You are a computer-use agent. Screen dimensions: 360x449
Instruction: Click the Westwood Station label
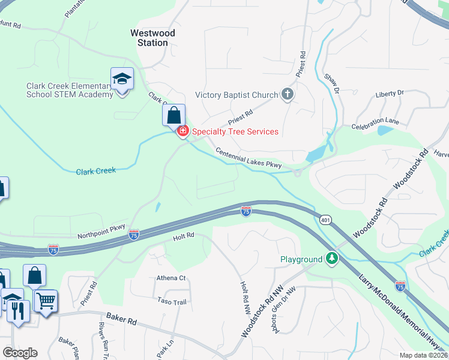pos(152,38)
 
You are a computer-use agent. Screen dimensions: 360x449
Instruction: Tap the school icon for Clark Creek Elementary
pos(122,79)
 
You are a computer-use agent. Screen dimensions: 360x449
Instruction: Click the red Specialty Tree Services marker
pos(182,131)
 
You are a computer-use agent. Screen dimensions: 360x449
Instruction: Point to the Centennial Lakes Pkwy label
pos(249,158)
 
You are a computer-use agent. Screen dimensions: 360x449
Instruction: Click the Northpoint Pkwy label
pos(101,232)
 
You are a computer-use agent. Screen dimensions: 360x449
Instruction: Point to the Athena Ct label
pos(171,278)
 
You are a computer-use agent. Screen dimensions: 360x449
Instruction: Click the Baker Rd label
pos(122,318)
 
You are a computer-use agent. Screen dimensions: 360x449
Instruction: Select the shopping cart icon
pos(46,299)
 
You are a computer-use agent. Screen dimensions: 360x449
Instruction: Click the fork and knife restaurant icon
pos(17,310)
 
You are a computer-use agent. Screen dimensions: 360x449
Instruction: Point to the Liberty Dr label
pos(390,94)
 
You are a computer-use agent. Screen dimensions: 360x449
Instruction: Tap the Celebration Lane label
pos(375,124)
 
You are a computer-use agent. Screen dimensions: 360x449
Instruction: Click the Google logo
pos(20,352)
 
